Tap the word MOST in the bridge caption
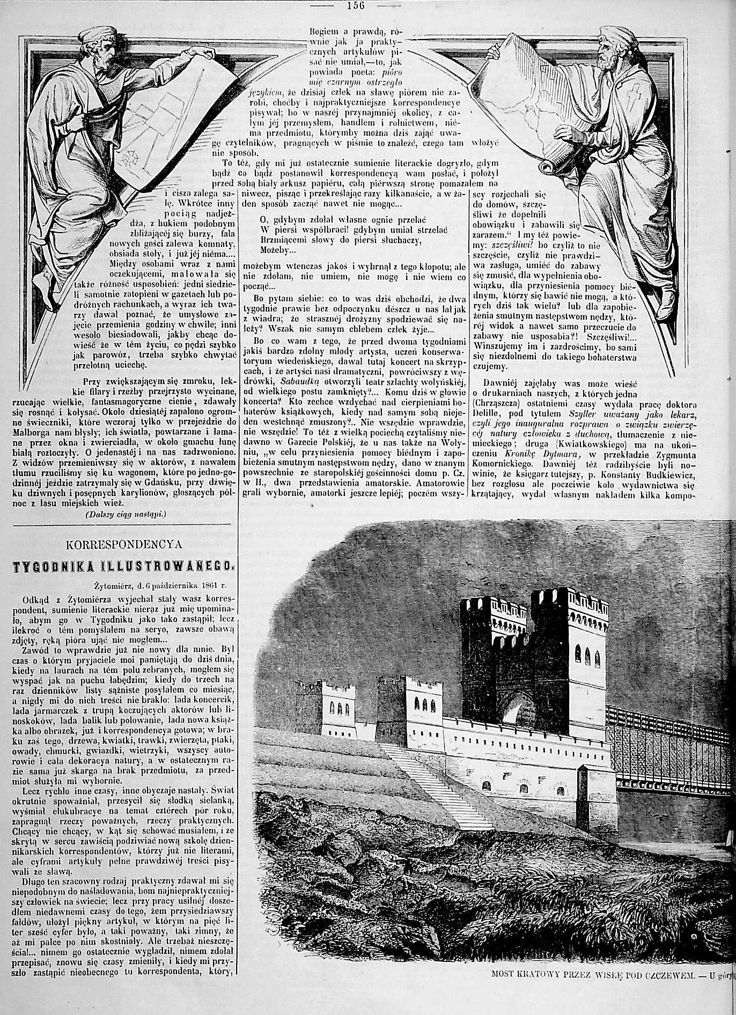click(503, 1005)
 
